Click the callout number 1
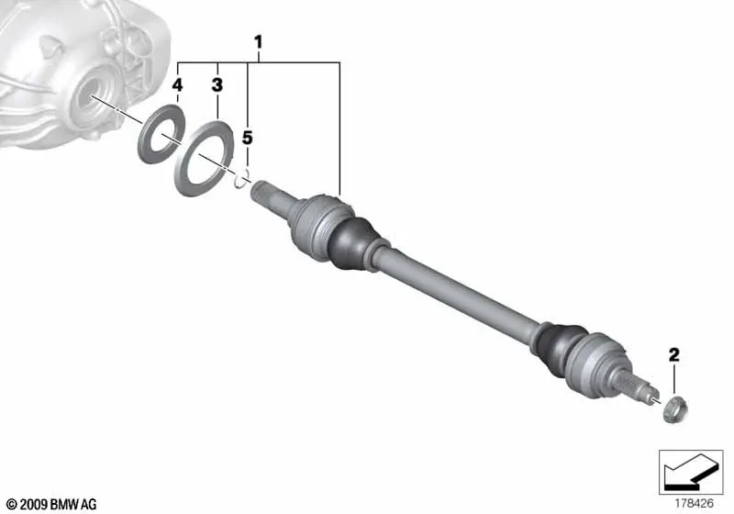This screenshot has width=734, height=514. [x=258, y=42]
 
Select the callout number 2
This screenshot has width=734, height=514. [x=673, y=354]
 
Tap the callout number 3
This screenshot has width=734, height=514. [x=217, y=85]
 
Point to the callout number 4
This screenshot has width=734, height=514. [x=177, y=85]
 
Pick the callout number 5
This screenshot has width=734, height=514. [x=247, y=138]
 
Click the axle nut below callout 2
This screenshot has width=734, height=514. [x=674, y=409]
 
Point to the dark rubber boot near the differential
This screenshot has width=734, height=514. [x=352, y=242]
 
